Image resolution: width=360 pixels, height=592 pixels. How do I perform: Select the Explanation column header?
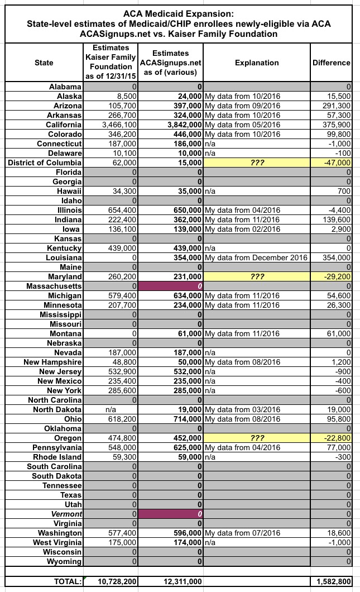(257, 63)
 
